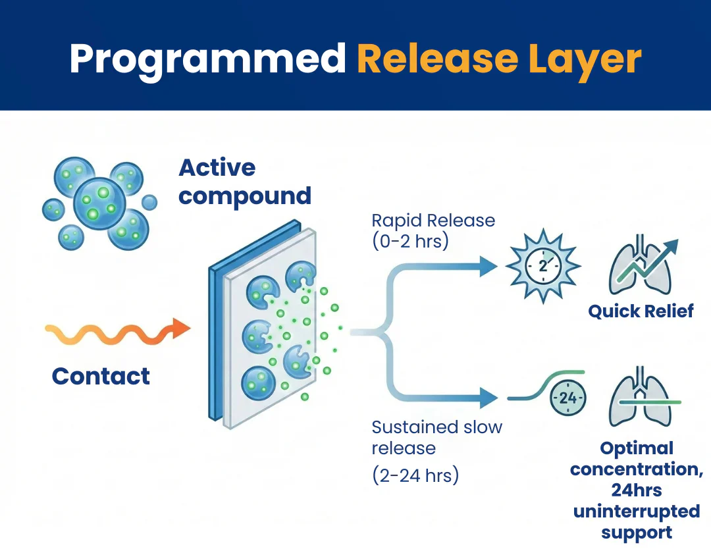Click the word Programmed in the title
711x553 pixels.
tap(207, 59)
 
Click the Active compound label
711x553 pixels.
tap(244, 182)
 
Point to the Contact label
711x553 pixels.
tap(101, 376)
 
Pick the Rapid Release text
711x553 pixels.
tap(433, 220)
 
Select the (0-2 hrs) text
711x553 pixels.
tap(410, 241)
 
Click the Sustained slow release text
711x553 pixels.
tap(436, 437)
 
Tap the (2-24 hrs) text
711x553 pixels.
tap(415, 475)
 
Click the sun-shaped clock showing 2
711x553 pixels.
tap(543, 267)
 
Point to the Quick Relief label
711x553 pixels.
tap(641, 311)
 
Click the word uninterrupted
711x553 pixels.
tap(636, 512)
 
